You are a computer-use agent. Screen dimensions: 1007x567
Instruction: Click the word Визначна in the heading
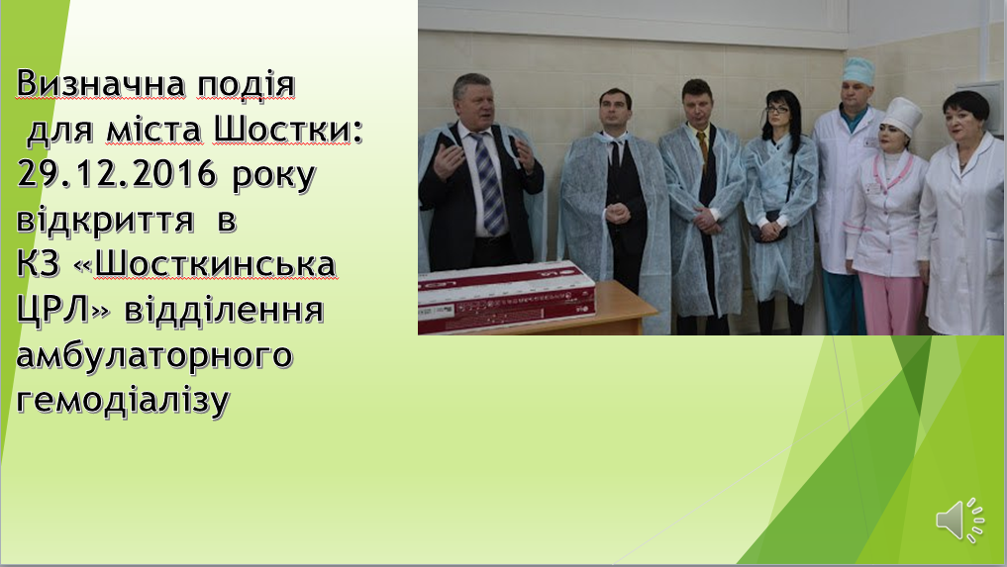(x=101, y=83)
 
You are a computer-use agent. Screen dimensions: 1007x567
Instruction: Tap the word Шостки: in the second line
(x=288, y=129)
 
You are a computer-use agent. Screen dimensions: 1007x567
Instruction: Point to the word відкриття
(x=105, y=219)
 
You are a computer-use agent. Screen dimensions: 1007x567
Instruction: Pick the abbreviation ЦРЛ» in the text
(x=63, y=310)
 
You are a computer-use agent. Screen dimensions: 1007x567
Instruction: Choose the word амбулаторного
(x=154, y=356)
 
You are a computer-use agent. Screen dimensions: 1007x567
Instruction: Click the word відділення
(x=224, y=310)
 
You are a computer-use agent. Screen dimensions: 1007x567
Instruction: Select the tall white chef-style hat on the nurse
(x=904, y=116)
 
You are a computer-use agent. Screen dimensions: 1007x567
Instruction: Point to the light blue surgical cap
(x=858, y=70)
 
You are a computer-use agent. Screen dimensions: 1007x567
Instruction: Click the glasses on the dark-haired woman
(x=777, y=110)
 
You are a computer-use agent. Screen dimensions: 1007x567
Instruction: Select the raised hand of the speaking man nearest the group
(x=526, y=154)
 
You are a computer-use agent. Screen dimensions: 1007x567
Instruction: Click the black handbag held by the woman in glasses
(x=768, y=231)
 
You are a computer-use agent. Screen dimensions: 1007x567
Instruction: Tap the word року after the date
(x=273, y=175)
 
